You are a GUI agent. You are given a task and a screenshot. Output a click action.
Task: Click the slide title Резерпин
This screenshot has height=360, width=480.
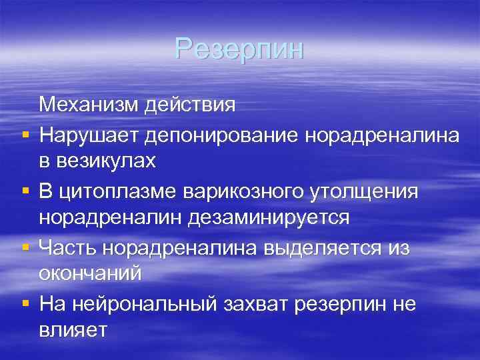(x=239, y=49)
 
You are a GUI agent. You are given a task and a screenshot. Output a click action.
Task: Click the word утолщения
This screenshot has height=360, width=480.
(x=363, y=191)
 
